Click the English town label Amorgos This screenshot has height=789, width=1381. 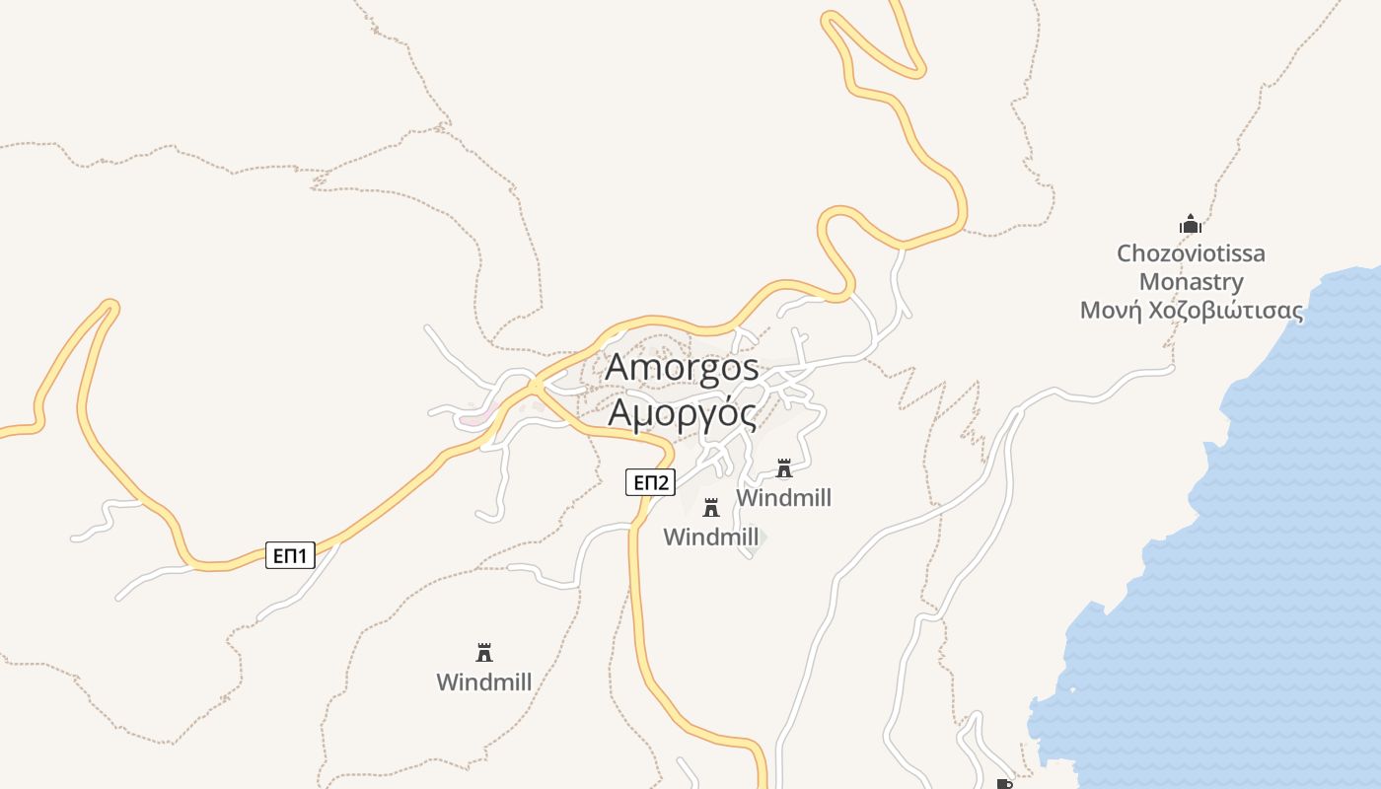pos(682,368)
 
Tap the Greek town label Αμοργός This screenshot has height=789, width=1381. pos(682,412)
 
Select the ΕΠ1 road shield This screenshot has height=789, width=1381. pos(290,556)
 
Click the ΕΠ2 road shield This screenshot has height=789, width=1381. pos(650,482)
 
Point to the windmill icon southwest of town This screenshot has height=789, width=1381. pos(484,653)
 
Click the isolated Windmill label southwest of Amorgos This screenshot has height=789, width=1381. pos(484,681)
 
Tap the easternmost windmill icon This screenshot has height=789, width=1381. pos(784,467)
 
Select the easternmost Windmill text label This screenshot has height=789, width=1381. pos(784,497)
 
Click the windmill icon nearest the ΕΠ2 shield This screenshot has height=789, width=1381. pos(710,508)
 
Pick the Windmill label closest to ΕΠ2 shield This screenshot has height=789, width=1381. pos(710,537)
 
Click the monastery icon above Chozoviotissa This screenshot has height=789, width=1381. pos(1191,225)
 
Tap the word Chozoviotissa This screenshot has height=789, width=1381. pos(1191,253)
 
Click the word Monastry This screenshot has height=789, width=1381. pos(1191,282)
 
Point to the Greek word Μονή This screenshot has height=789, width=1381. pos(1111,311)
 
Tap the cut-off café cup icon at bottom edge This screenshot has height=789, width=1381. pos(1004,784)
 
